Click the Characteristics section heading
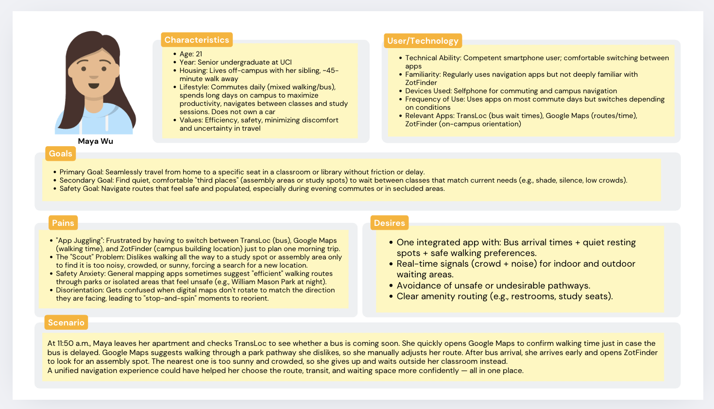click(197, 40)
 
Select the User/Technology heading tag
click(423, 41)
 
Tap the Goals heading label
click(60, 153)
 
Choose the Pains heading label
click(63, 223)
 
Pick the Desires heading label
click(389, 223)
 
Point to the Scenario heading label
click(66, 323)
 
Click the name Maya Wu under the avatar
click(95, 141)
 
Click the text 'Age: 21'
click(191, 54)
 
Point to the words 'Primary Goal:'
click(81, 172)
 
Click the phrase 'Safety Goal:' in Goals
click(79, 188)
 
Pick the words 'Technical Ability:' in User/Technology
click(433, 58)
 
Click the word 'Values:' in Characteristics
click(191, 120)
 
